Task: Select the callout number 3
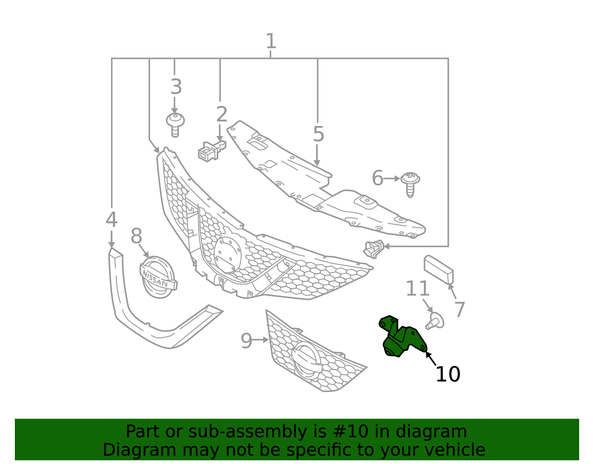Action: (176, 87)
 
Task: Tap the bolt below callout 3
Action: (175, 125)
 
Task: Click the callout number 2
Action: (222, 114)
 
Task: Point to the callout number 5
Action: (319, 134)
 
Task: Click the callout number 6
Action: (378, 178)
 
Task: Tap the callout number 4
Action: (111, 220)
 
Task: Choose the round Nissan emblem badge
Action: (158, 277)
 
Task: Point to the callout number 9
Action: (246, 341)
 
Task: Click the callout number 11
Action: (417, 288)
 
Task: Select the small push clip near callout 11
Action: (435, 321)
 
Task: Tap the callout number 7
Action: (460, 309)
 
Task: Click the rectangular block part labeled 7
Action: (438, 270)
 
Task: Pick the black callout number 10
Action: (448, 374)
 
